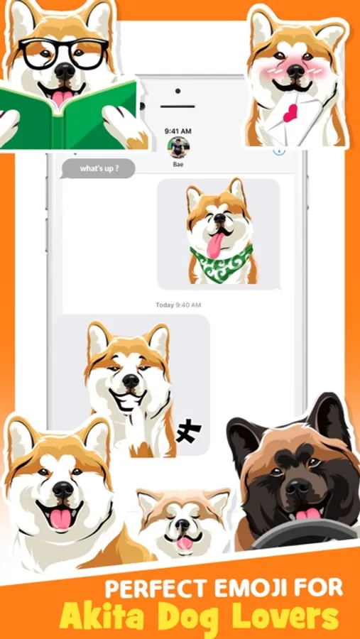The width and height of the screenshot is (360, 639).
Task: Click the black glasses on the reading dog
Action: (x=65, y=54)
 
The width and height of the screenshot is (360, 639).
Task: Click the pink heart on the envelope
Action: (x=290, y=113)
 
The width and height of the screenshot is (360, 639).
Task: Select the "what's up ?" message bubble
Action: (x=98, y=169)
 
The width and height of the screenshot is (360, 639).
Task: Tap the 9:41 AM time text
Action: (x=178, y=131)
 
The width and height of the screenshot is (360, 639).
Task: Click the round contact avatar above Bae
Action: (x=178, y=147)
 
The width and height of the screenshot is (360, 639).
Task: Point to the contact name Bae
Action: (x=178, y=164)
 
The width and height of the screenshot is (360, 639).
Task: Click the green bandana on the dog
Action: (x=222, y=261)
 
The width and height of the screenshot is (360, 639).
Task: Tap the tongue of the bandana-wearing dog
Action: (x=216, y=245)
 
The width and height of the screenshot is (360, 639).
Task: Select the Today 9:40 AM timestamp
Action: (x=178, y=305)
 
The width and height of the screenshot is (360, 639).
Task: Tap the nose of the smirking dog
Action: (x=131, y=381)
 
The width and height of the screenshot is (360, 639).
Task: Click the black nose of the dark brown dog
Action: (x=297, y=486)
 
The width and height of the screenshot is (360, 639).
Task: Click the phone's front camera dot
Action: (x=178, y=91)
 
